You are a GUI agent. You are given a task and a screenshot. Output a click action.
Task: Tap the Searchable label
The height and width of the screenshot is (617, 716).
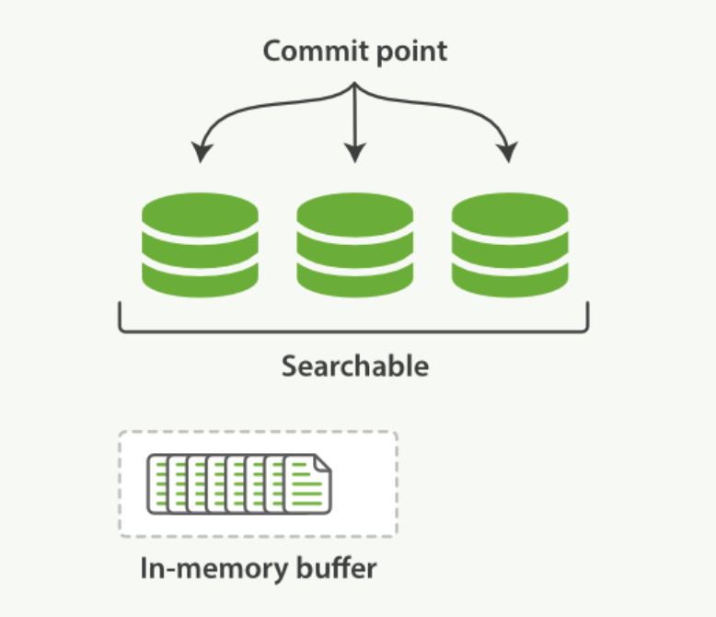[x=355, y=366]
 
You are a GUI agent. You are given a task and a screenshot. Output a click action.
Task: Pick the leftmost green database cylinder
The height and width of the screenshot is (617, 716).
[x=200, y=244]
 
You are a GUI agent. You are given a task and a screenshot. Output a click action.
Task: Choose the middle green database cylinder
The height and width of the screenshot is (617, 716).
[x=354, y=244]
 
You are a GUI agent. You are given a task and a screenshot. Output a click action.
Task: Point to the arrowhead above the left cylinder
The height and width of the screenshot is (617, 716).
[x=200, y=154]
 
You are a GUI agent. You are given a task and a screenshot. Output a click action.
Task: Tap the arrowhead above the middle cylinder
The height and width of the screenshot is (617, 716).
[x=354, y=154]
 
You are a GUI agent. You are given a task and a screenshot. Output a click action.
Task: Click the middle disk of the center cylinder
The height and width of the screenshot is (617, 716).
[x=354, y=246]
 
